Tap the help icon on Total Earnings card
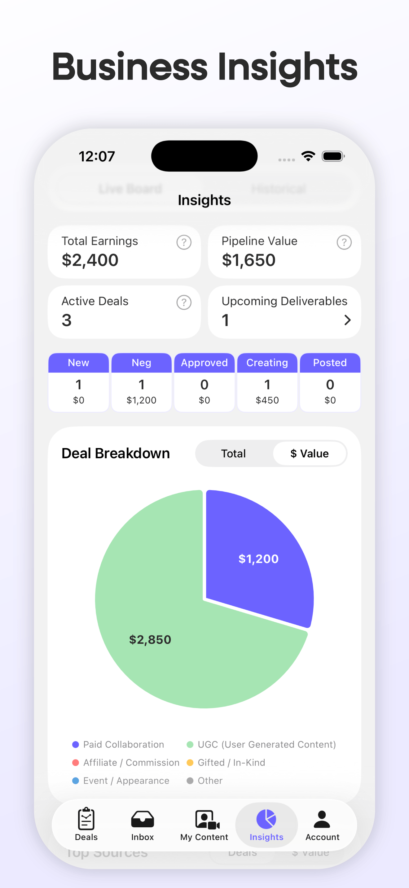tap(184, 242)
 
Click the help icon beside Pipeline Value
tap(344, 242)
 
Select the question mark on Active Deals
tap(184, 302)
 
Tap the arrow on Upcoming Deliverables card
tap(347, 320)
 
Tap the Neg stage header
tap(141, 363)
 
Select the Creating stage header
tap(267, 363)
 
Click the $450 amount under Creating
tap(267, 400)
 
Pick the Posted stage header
tap(330, 363)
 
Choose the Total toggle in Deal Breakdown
tap(233, 454)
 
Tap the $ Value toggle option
tap(309, 454)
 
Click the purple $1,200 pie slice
tap(259, 559)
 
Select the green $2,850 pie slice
tap(150, 640)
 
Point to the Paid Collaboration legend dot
tap(76, 745)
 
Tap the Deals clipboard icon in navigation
tap(86, 819)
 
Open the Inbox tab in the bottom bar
tap(143, 825)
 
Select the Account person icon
tap(322, 819)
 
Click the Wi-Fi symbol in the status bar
tap(308, 156)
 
